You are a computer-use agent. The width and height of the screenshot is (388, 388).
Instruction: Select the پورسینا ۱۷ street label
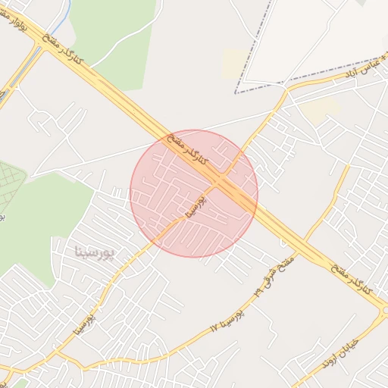click(x=227, y=321)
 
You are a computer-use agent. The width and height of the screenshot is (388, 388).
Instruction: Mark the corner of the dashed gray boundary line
click(x=236, y=92)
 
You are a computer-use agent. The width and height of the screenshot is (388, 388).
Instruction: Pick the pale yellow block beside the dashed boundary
click(x=234, y=63)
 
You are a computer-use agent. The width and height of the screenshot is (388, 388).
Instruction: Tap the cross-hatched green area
click(x=9, y=186)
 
